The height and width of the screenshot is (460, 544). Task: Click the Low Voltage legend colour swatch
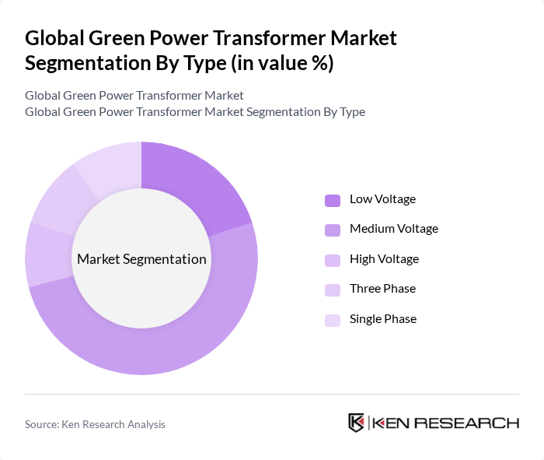tap(333, 200)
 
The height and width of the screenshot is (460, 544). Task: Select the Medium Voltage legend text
tap(393, 229)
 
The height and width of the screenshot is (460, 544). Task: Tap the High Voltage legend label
tap(384, 259)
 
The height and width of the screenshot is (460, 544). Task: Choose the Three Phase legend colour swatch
tap(333, 290)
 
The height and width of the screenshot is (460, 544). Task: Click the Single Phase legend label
tap(382, 319)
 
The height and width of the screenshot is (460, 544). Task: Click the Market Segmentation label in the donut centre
tap(141, 259)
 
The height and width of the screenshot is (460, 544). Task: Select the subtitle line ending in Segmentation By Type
tap(194, 111)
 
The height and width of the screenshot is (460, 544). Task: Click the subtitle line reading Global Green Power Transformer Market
tap(134, 95)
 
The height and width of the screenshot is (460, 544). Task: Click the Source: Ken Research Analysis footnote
tap(95, 424)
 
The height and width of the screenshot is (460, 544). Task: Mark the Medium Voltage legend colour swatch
tap(333, 230)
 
